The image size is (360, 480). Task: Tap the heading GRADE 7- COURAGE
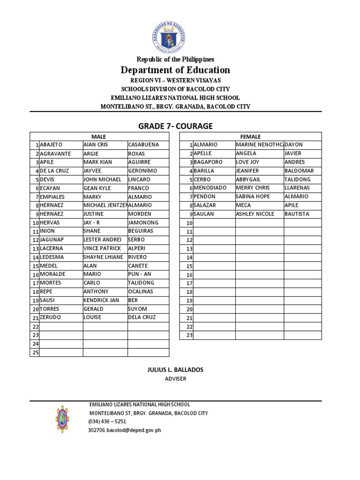(x=175, y=126)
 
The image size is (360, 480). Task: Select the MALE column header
(x=99, y=136)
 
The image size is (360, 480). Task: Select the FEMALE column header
(x=251, y=136)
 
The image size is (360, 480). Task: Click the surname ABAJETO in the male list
(x=51, y=145)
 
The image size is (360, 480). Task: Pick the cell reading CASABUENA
(x=143, y=145)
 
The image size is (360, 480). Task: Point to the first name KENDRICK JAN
(x=101, y=300)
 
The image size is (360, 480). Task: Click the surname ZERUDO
(x=51, y=317)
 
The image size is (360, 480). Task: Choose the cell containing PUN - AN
(x=140, y=274)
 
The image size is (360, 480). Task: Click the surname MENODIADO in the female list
(x=210, y=188)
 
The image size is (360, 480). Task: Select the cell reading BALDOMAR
(x=299, y=171)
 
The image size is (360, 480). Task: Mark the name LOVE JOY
(x=247, y=162)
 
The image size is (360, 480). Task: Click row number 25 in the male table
(x=35, y=352)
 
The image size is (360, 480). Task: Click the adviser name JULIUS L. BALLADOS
(x=175, y=370)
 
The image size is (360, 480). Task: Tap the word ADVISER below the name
(x=175, y=379)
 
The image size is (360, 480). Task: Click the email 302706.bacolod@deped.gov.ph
(x=124, y=430)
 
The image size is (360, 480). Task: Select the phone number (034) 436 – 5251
(x=107, y=421)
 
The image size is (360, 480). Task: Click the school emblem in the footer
(x=62, y=419)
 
